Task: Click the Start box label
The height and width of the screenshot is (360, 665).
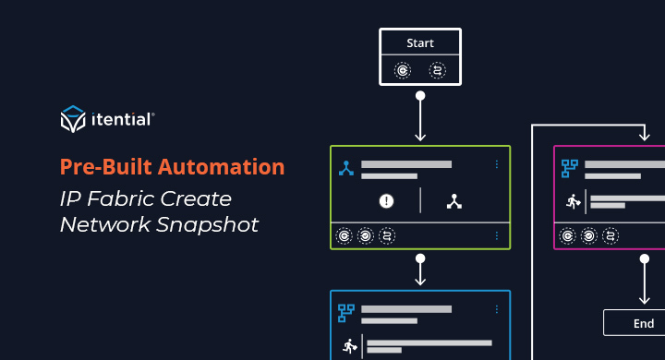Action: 420,43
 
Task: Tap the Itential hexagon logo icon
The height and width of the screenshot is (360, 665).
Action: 73,120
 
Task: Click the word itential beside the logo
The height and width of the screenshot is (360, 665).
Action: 122,120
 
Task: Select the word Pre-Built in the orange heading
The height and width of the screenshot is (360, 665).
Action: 102,167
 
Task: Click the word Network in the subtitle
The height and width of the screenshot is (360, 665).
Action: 101,224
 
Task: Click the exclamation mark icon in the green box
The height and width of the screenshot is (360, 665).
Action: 387,200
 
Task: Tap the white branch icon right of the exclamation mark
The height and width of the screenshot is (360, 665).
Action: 453,200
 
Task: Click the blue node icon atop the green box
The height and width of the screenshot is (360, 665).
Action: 346,168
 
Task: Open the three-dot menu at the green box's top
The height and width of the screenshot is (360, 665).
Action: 497,165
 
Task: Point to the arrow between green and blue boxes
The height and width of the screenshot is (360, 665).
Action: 420,270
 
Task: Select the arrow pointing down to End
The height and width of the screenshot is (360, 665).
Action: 644,282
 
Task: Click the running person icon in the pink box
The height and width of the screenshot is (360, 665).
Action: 573,200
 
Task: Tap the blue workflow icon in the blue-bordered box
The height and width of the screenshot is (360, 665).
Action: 346,312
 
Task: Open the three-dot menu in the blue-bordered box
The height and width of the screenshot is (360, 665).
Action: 497,309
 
